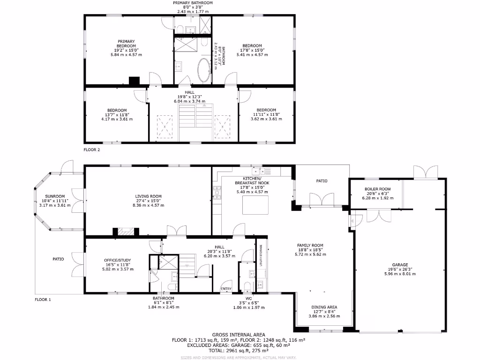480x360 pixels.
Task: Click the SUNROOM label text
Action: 55,196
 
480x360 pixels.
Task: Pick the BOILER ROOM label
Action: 377,189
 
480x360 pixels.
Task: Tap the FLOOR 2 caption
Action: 92,150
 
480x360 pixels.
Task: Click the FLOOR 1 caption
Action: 43,299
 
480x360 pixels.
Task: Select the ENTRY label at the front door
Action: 226,289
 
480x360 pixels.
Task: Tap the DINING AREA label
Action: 324,307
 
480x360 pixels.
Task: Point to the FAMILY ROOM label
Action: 310,245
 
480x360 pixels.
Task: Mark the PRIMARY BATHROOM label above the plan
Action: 195,3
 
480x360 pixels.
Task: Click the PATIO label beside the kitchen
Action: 322,181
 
